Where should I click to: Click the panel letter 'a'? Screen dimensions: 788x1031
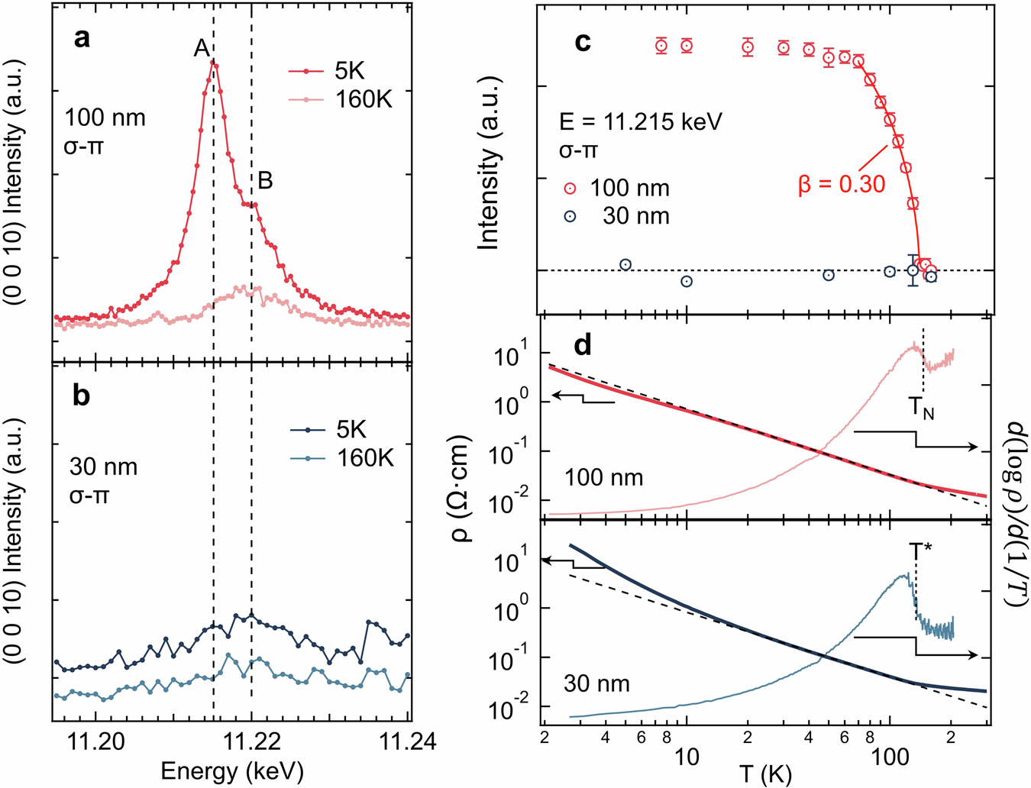pos(81,38)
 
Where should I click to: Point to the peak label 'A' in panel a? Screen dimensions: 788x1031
pos(202,49)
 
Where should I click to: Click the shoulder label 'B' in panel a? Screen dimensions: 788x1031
pos(265,181)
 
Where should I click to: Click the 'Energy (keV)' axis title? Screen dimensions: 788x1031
pos(232,770)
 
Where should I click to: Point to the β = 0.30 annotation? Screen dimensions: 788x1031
pos(842,184)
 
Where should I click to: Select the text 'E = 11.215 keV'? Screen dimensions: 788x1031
pos(640,122)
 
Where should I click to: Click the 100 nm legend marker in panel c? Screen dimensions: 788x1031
pos(570,189)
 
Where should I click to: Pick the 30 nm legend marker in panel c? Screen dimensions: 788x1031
pos(570,216)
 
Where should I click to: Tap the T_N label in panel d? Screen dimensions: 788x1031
pos(922,409)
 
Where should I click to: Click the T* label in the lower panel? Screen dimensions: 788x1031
pos(921,551)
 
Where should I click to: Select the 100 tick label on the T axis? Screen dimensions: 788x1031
pos(890,757)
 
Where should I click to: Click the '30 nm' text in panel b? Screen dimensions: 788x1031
pos(103,467)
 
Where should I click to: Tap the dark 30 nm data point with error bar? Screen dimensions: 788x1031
pos(913,270)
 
